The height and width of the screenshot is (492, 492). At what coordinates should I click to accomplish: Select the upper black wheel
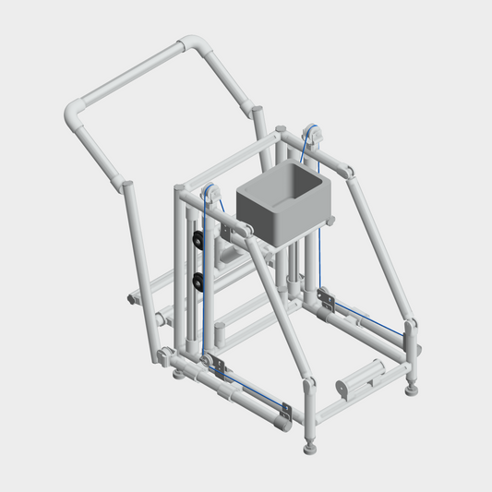(198, 243)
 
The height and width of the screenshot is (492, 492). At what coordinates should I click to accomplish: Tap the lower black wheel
(198, 280)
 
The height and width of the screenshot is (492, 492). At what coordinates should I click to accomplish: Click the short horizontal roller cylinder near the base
(356, 379)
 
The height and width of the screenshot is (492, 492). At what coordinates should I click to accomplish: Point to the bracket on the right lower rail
(325, 297)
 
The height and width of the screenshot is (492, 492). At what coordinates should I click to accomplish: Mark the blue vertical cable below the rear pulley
(319, 240)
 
